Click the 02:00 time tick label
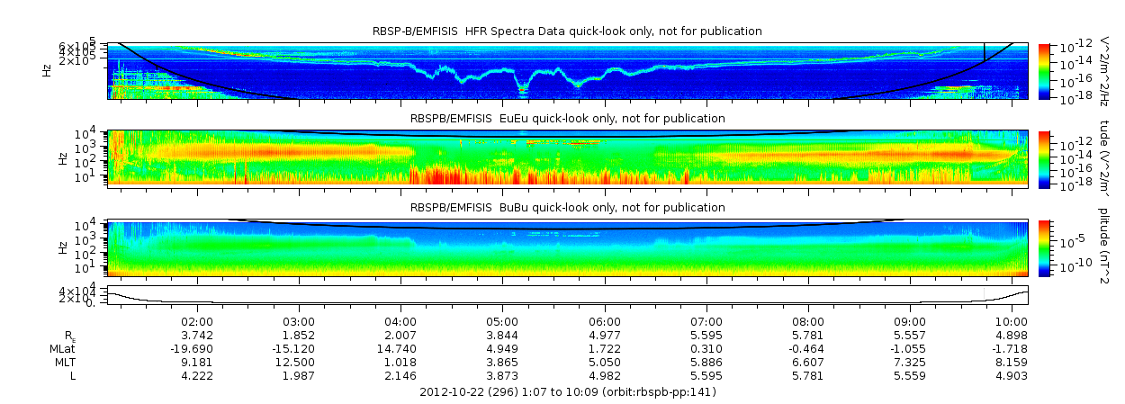[197, 320]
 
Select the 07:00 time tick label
[706, 320]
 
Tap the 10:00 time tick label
[1012, 320]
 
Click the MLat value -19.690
[193, 348]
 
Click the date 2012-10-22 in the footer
[451, 392]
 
